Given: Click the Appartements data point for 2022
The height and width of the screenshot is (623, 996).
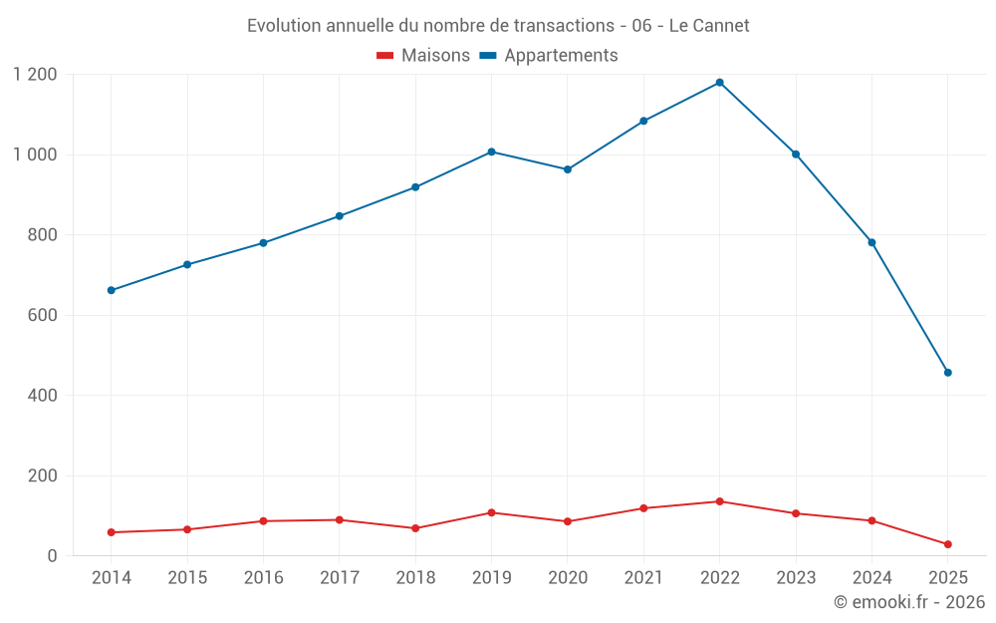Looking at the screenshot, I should [x=719, y=83].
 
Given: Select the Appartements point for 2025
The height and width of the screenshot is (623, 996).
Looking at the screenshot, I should [x=947, y=373].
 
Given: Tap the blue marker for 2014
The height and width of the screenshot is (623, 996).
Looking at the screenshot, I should [x=111, y=290].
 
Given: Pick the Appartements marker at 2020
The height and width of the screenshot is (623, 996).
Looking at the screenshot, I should [x=568, y=169].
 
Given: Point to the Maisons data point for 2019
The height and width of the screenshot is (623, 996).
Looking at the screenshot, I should [x=491, y=512].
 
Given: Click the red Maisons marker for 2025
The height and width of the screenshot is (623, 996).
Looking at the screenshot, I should [x=947, y=544].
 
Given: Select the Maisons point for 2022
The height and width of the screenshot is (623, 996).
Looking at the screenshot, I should [x=719, y=501].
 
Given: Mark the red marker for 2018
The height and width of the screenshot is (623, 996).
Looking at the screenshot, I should [x=415, y=528].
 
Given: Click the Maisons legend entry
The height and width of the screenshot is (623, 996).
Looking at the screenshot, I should [x=423, y=56].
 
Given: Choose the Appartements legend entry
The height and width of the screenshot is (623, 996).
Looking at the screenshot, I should [x=550, y=56].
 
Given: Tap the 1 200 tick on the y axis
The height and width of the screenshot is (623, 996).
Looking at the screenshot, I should [x=36, y=75].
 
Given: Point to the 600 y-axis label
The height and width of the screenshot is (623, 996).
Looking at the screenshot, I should [x=43, y=315].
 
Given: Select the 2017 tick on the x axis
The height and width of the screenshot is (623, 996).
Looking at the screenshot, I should [x=339, y=578].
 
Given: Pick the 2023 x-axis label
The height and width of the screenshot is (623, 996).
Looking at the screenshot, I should [x=796, y=578].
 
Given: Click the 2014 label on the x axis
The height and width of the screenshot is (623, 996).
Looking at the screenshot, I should [x=111, y=578].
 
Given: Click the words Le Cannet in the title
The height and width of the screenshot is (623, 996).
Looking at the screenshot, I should [x=709, y=26].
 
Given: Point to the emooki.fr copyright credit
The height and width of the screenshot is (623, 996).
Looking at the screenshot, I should [x=908, y=602].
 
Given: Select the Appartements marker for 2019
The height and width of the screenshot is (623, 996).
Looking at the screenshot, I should [x=491, y=152].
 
